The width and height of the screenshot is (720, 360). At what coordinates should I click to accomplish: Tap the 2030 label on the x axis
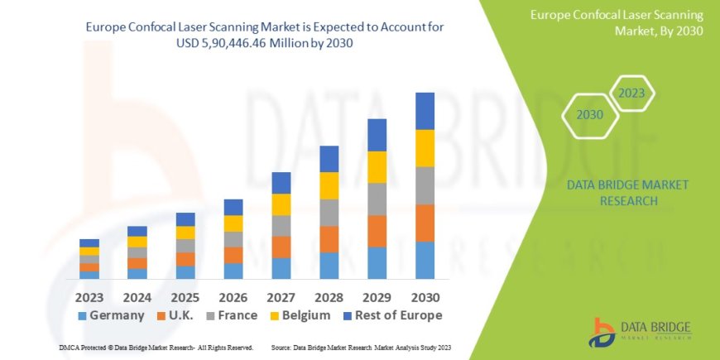(425, 296)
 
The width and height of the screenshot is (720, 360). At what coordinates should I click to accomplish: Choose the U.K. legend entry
(181, 315)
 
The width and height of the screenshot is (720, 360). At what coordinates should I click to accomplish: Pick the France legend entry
(244, 315)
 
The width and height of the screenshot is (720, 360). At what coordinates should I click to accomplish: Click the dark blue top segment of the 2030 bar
(425, 111)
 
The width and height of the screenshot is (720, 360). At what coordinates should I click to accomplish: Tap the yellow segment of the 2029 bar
(377, 167)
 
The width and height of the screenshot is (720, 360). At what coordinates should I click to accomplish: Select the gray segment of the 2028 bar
(329, 213)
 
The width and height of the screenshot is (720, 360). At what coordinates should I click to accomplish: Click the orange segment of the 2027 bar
(281, 247)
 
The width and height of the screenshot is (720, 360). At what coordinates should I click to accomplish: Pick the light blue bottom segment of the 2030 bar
(425, 260)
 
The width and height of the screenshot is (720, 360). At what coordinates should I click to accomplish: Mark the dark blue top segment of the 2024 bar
(137, 231)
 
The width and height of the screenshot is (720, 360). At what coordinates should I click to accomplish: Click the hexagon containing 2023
(632, 94)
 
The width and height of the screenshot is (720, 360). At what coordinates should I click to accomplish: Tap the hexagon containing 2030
(590, 115)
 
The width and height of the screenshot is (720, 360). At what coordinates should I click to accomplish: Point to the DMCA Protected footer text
(156, 348)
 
